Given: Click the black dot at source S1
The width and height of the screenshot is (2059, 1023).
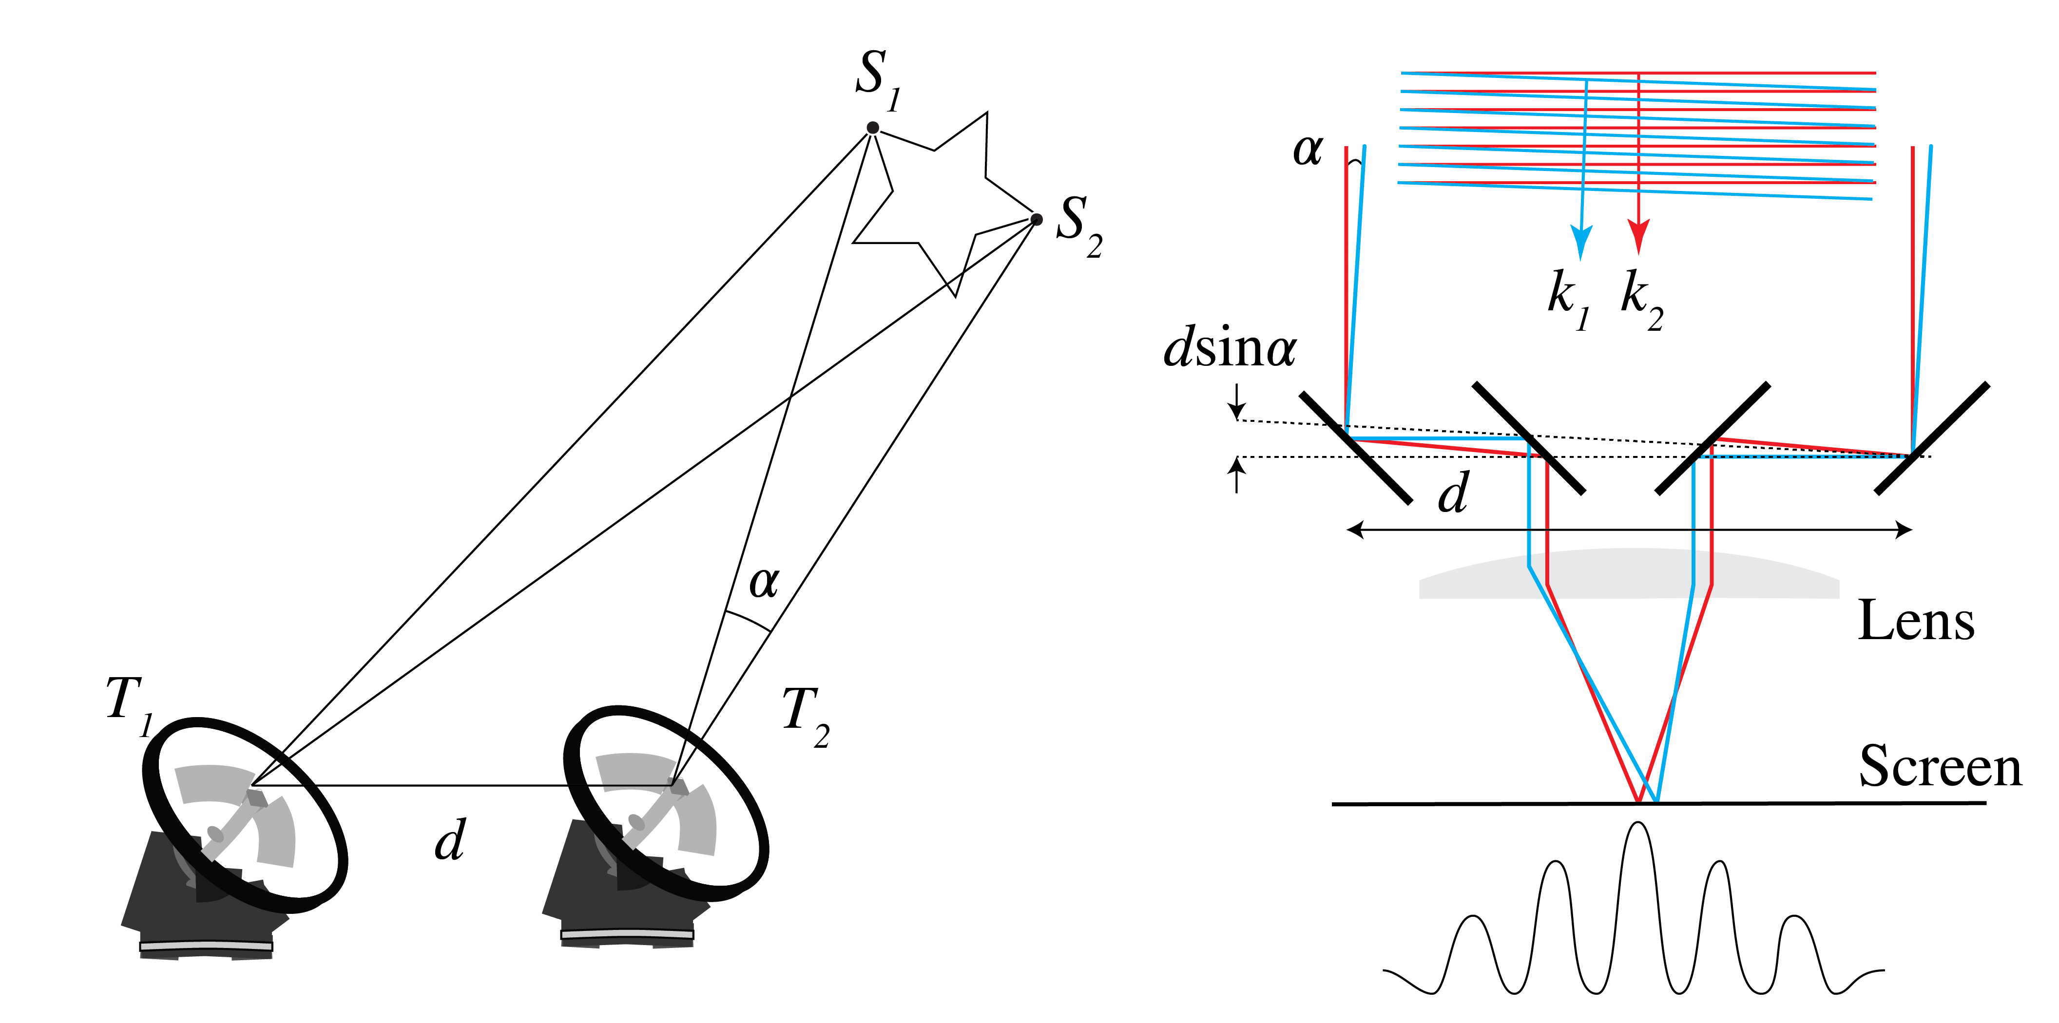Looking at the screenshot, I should tap(873, 128).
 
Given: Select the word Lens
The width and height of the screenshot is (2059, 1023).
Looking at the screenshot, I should tap(1915, 621).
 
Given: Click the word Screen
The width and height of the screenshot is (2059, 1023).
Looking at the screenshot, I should tap(1940, 766).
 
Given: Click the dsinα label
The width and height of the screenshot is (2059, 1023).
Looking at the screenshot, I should tap(1230, 349).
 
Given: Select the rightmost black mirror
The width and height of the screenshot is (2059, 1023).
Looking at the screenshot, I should tap(1931, 438).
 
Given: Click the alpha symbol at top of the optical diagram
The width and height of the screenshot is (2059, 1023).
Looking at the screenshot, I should tap(1308, 150).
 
